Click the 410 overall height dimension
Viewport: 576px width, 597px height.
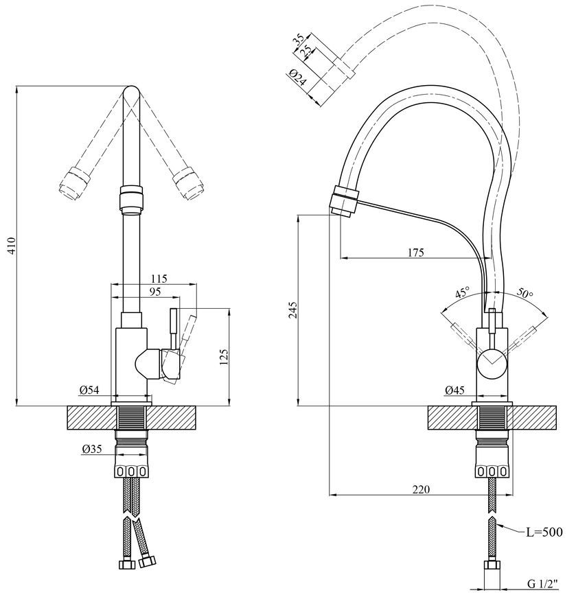click(x=12, y=246)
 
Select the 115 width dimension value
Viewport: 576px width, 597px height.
click(x=159, y=279)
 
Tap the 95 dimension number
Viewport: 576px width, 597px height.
click(x=155, y=292)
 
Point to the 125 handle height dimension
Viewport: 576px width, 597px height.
click(x=223, y=357)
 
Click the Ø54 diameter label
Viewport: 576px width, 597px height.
click(x=89, y=390)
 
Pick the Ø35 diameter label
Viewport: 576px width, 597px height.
click(x=92, y=449)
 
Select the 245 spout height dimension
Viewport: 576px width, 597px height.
click(x=292, y=310)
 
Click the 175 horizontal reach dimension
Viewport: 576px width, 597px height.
click(x=415, y=252)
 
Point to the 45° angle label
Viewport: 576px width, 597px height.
click(x=463, y=293)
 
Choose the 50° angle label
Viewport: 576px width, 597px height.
click(x=525, y=293)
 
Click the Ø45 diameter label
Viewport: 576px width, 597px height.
click(x=454, y=390)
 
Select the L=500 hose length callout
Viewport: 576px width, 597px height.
click(x=544, y=532)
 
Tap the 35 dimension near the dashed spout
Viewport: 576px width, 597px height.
click(x=299, y=40)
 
